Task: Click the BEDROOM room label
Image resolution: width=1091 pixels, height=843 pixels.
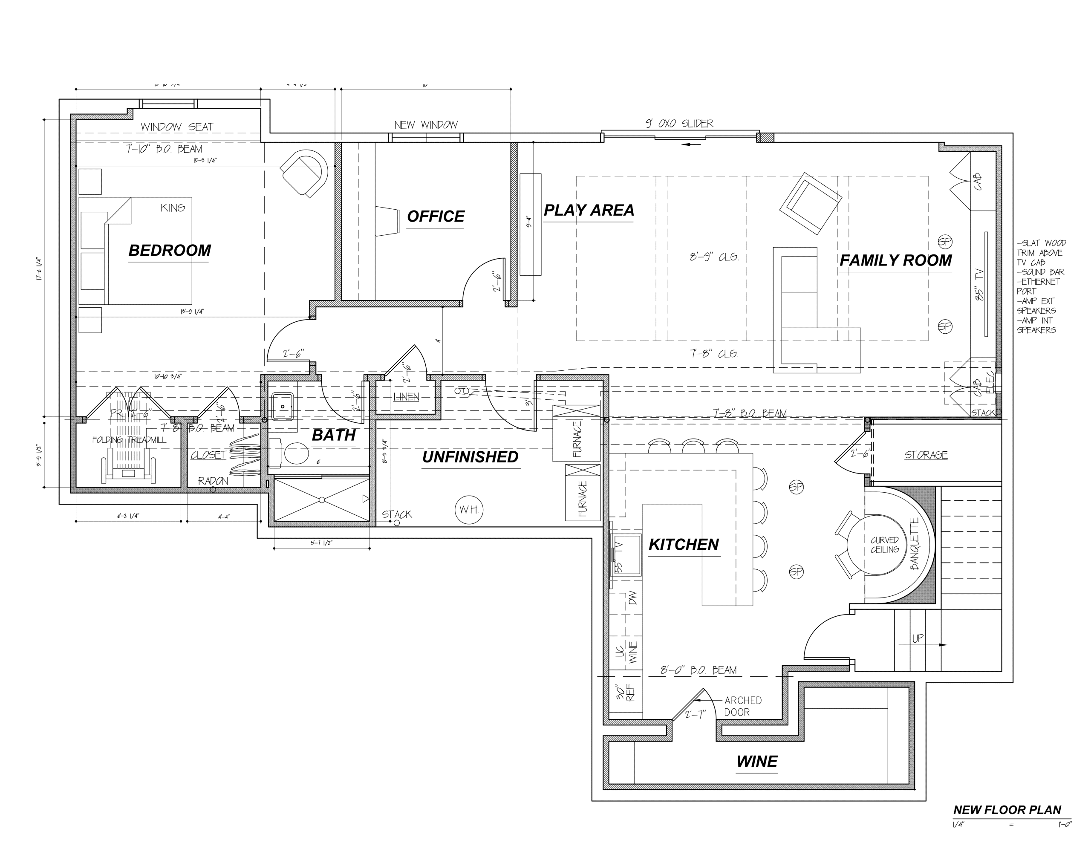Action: [169, 250]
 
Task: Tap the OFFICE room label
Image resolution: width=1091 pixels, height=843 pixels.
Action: [435, 217]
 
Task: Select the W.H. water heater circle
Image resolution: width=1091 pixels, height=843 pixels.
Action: [468, 510]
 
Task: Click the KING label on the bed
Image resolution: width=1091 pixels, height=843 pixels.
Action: [172, 208]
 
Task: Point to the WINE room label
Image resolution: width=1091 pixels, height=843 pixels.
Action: [756, 762]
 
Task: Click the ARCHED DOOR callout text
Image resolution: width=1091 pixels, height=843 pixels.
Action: [742, 706]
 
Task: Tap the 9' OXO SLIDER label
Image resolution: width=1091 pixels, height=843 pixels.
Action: [679, 124]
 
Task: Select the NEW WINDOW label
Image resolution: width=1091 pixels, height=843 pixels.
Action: [426, 125]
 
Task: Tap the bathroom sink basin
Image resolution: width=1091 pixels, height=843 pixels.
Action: [282, 406]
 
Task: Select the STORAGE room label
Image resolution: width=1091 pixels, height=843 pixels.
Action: [926, 455]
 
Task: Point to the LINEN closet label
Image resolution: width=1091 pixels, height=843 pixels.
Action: [406, 397]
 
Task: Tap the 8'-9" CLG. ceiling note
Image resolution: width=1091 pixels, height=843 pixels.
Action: [714, 257]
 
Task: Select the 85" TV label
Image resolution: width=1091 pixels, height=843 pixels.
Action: [978, 285]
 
